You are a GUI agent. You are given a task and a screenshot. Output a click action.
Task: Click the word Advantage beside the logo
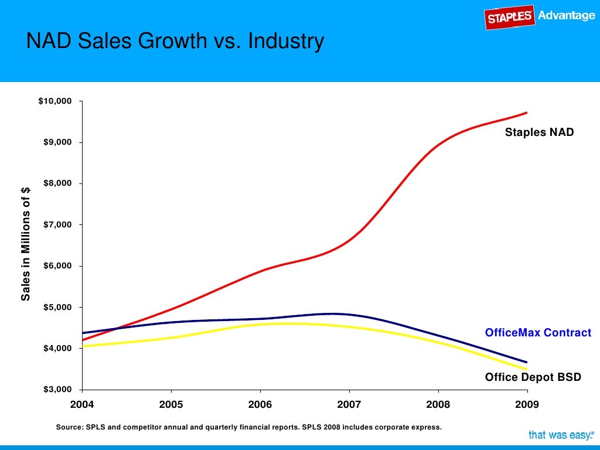tap(566, 16)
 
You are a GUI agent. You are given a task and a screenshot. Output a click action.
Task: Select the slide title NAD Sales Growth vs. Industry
tap(175, 42)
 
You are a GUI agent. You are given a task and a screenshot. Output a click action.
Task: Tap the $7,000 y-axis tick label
tap(57, 225)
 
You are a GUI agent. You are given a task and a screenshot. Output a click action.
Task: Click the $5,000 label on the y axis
tap(57, 307)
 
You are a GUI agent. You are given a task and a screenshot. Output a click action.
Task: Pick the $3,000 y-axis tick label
tap(57, 390)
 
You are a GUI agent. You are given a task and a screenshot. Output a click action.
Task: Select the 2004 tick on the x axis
tap(82, 404)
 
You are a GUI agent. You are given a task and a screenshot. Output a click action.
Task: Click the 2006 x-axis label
tap(260, 404)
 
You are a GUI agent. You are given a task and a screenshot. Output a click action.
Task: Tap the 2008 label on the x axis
tap(438, 404)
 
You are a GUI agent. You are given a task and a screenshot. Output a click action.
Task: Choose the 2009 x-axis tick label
tap(527, 404)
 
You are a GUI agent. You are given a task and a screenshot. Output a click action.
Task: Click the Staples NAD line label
tap(539, 133)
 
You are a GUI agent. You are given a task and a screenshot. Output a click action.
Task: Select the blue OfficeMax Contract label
tap(538, 333)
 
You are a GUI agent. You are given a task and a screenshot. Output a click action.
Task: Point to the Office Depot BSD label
tap(533, 377)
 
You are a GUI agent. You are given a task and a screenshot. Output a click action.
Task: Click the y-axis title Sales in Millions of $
tap(26, 246)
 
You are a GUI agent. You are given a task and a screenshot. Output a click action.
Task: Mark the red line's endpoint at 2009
tap(527, 112)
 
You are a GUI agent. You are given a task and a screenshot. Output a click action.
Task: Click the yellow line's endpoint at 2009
tap(527, 369)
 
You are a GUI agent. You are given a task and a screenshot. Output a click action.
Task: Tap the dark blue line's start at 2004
tap(83, 333)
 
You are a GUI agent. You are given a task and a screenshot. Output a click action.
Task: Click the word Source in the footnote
tap(69, 427)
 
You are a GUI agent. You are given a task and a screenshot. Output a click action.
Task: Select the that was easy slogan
tap(561, 435)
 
